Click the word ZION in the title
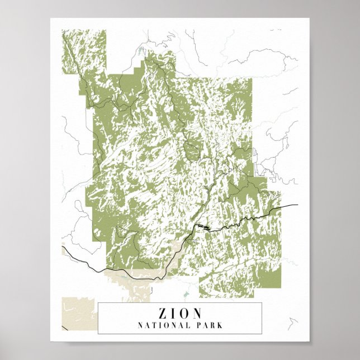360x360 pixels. point(179,313)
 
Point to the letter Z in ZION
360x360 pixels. point(155,313)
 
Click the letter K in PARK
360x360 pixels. point(220,325)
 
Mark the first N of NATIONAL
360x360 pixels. point(140,325)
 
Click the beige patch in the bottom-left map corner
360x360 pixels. point(73,312)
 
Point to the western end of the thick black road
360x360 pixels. point(63,247)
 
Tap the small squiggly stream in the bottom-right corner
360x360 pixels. point(293,323)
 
